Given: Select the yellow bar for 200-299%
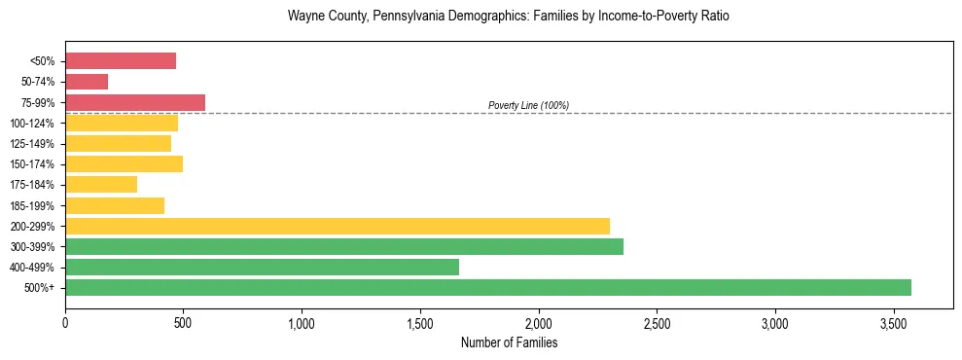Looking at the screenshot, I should point(338,226).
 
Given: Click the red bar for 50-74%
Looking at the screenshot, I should point(87,82).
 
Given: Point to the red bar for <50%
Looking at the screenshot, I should point(121,61).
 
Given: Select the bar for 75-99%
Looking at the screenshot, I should point(135,102).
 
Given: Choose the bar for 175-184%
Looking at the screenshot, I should point(101,184).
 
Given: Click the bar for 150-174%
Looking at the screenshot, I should point(124,163).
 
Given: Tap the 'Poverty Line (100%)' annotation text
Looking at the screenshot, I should point(528,105).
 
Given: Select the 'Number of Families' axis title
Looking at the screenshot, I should point(509,342).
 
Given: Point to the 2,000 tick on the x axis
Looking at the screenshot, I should point(539,322).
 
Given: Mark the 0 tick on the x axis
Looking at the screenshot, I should point(65,322).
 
